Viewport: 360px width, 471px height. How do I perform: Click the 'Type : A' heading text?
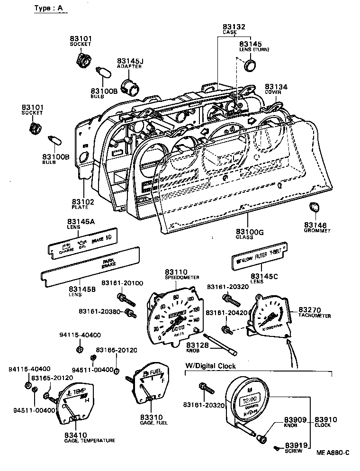(x=48, y=9)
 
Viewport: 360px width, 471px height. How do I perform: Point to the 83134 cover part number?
(x=276, y=87)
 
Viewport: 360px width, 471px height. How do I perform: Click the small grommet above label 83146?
(x=314, y=207)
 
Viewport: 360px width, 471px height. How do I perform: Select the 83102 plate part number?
(x=83, y=202)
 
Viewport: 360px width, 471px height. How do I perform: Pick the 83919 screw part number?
(x=296, y=445)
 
